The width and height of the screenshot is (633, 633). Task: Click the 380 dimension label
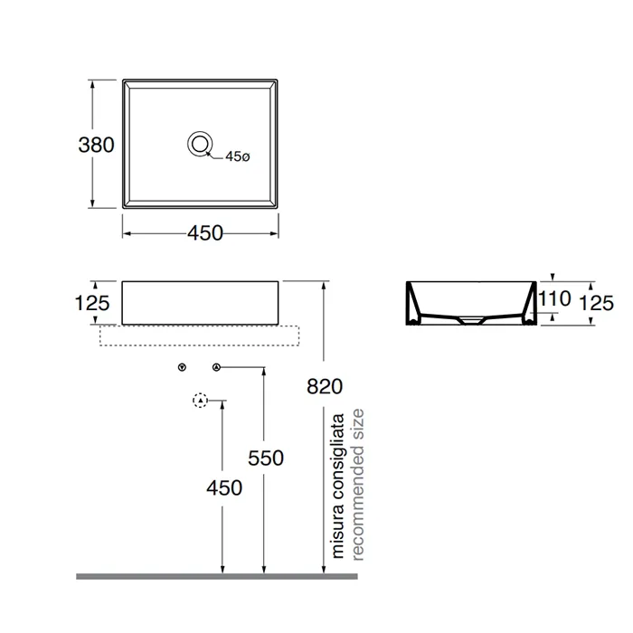(x=96, y=145)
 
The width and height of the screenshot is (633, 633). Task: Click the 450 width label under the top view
(x=205, y=233)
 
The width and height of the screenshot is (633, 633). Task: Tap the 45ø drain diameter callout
(x=237, y=156)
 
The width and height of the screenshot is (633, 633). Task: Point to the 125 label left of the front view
(x=92, y=303)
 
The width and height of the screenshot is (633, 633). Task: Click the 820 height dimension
(x=325, y=386)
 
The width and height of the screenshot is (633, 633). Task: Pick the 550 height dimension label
(x=266, y=458)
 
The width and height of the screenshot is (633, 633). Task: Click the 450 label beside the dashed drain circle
(x=224, y=487)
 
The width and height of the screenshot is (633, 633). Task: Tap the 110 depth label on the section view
(x=554, y=298)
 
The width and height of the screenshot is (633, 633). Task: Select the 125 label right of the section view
(x=596, y=303)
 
